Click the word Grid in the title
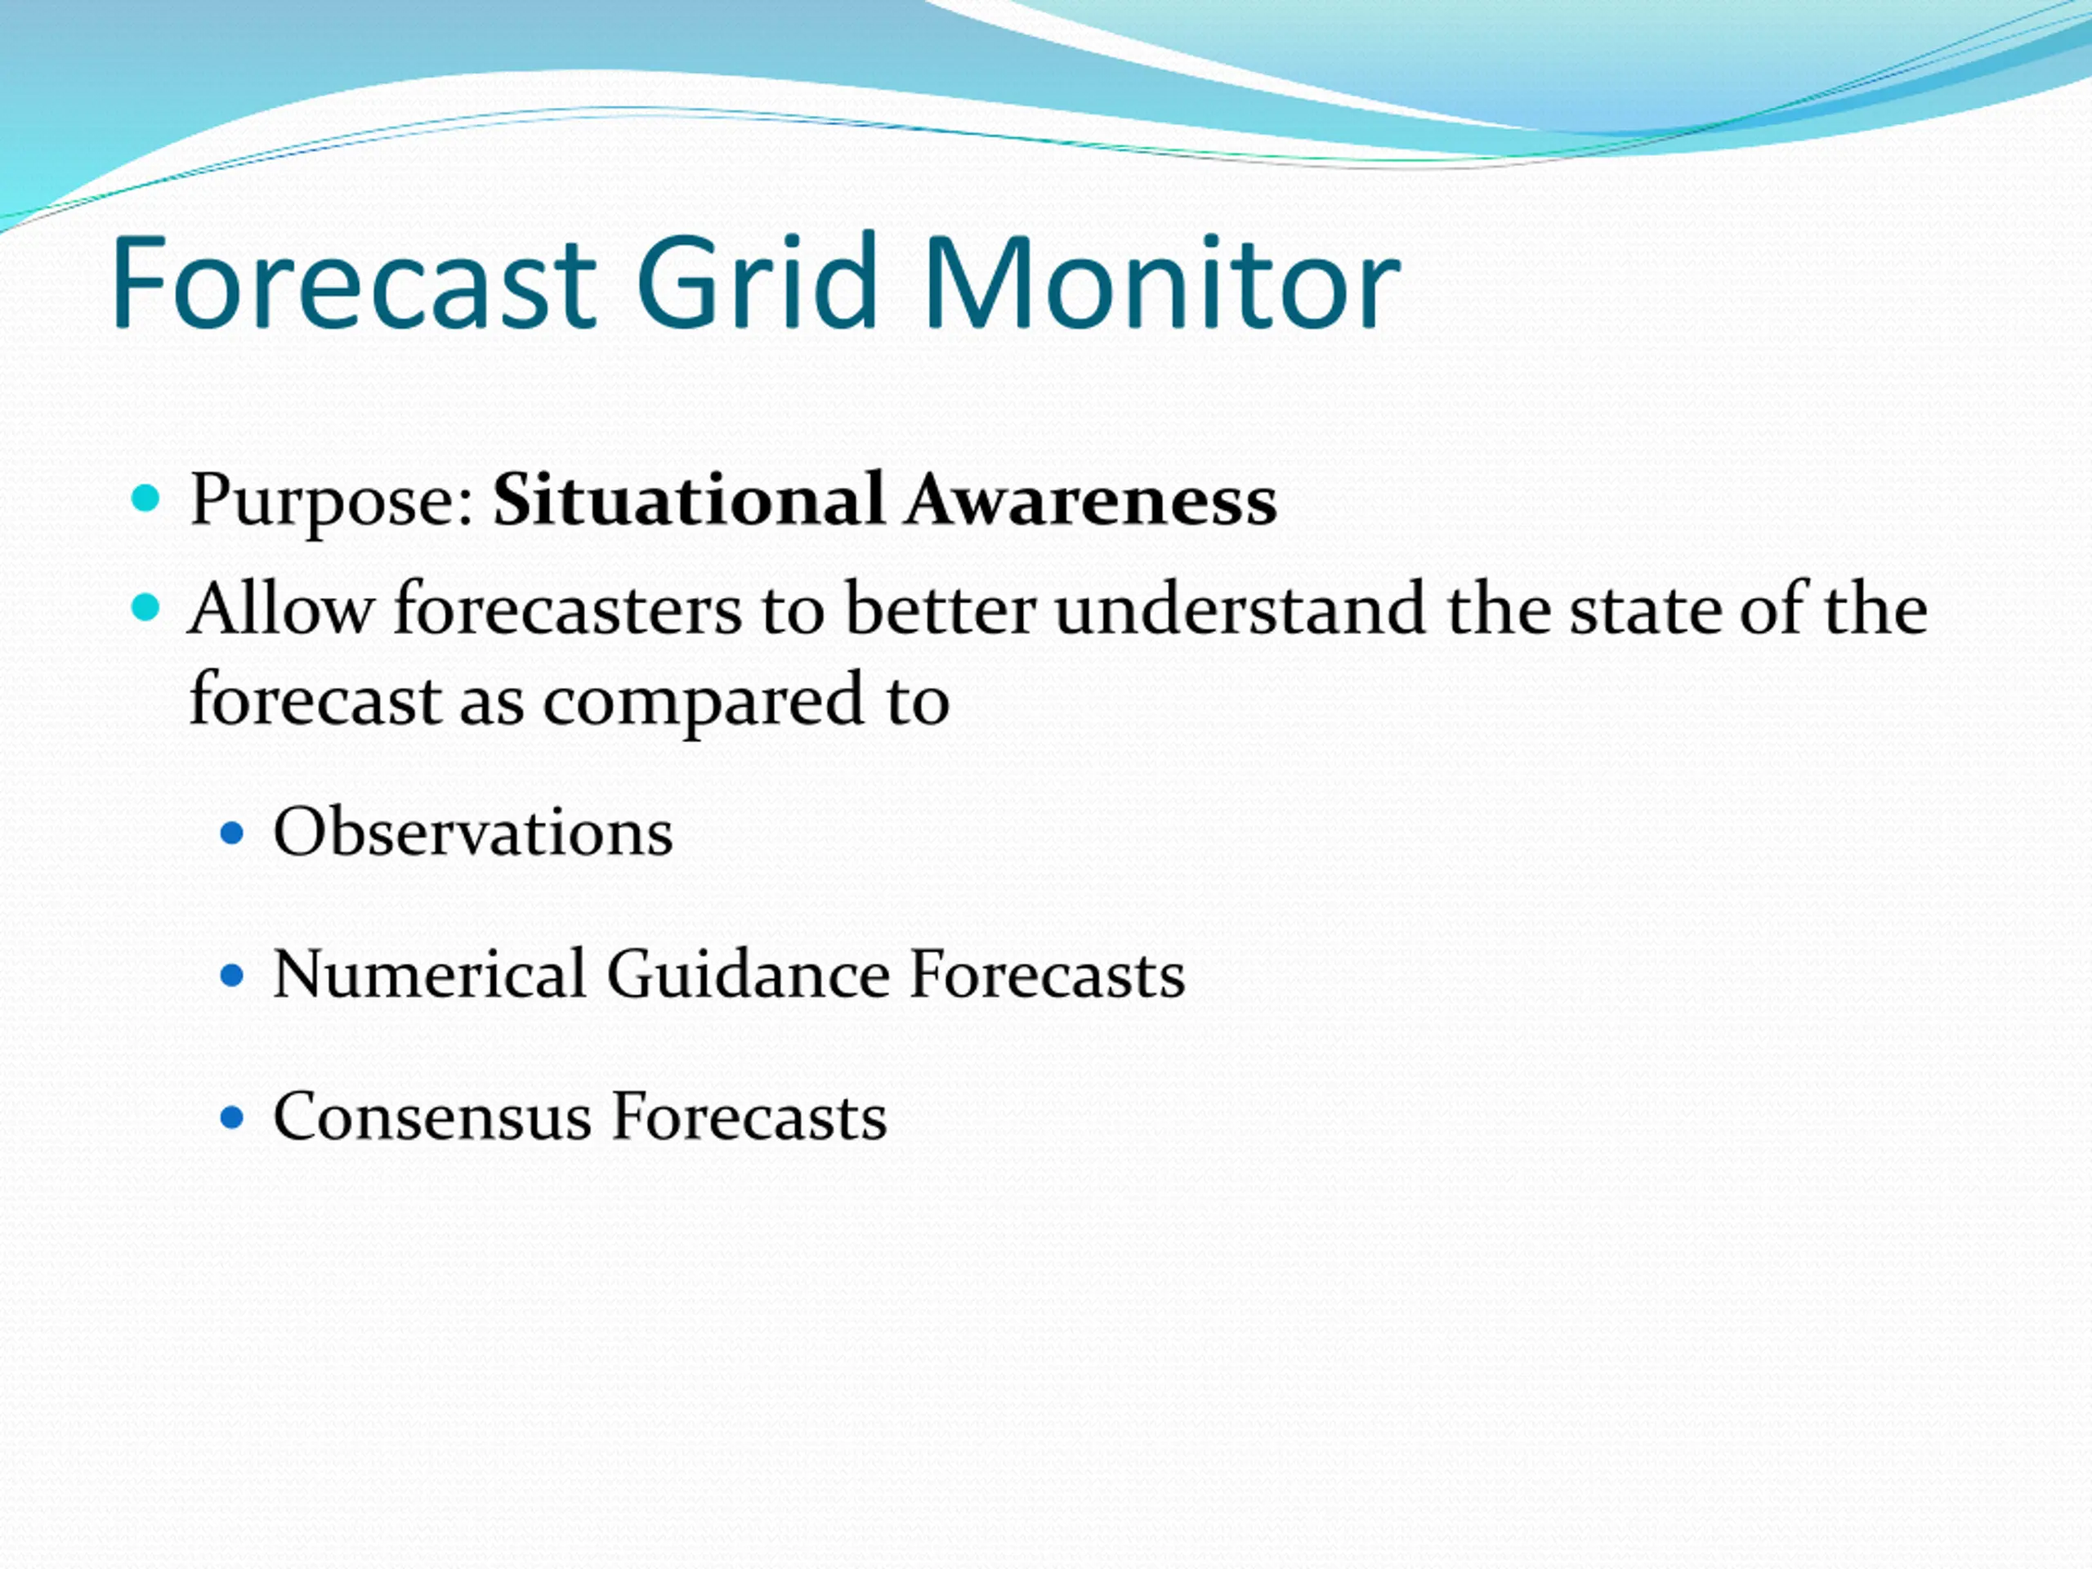[x=758, y=282]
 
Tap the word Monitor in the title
[x=1161, y=282]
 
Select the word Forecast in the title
[x=354, y=282]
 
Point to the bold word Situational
[x=690, y=499]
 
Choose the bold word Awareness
[x=1090, y=499]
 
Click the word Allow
[x=281, y=609]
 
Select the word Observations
[x=473, y=832]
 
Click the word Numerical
[x=429, y=974]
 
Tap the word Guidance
[x=748, y=974]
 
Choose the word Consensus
[x=432, y=1117]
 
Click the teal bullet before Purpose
[x=145, y=498]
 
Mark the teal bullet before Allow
[x=145, y=607]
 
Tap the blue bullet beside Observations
[x=232, y=834]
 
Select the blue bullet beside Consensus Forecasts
[x=232, y=1118]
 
